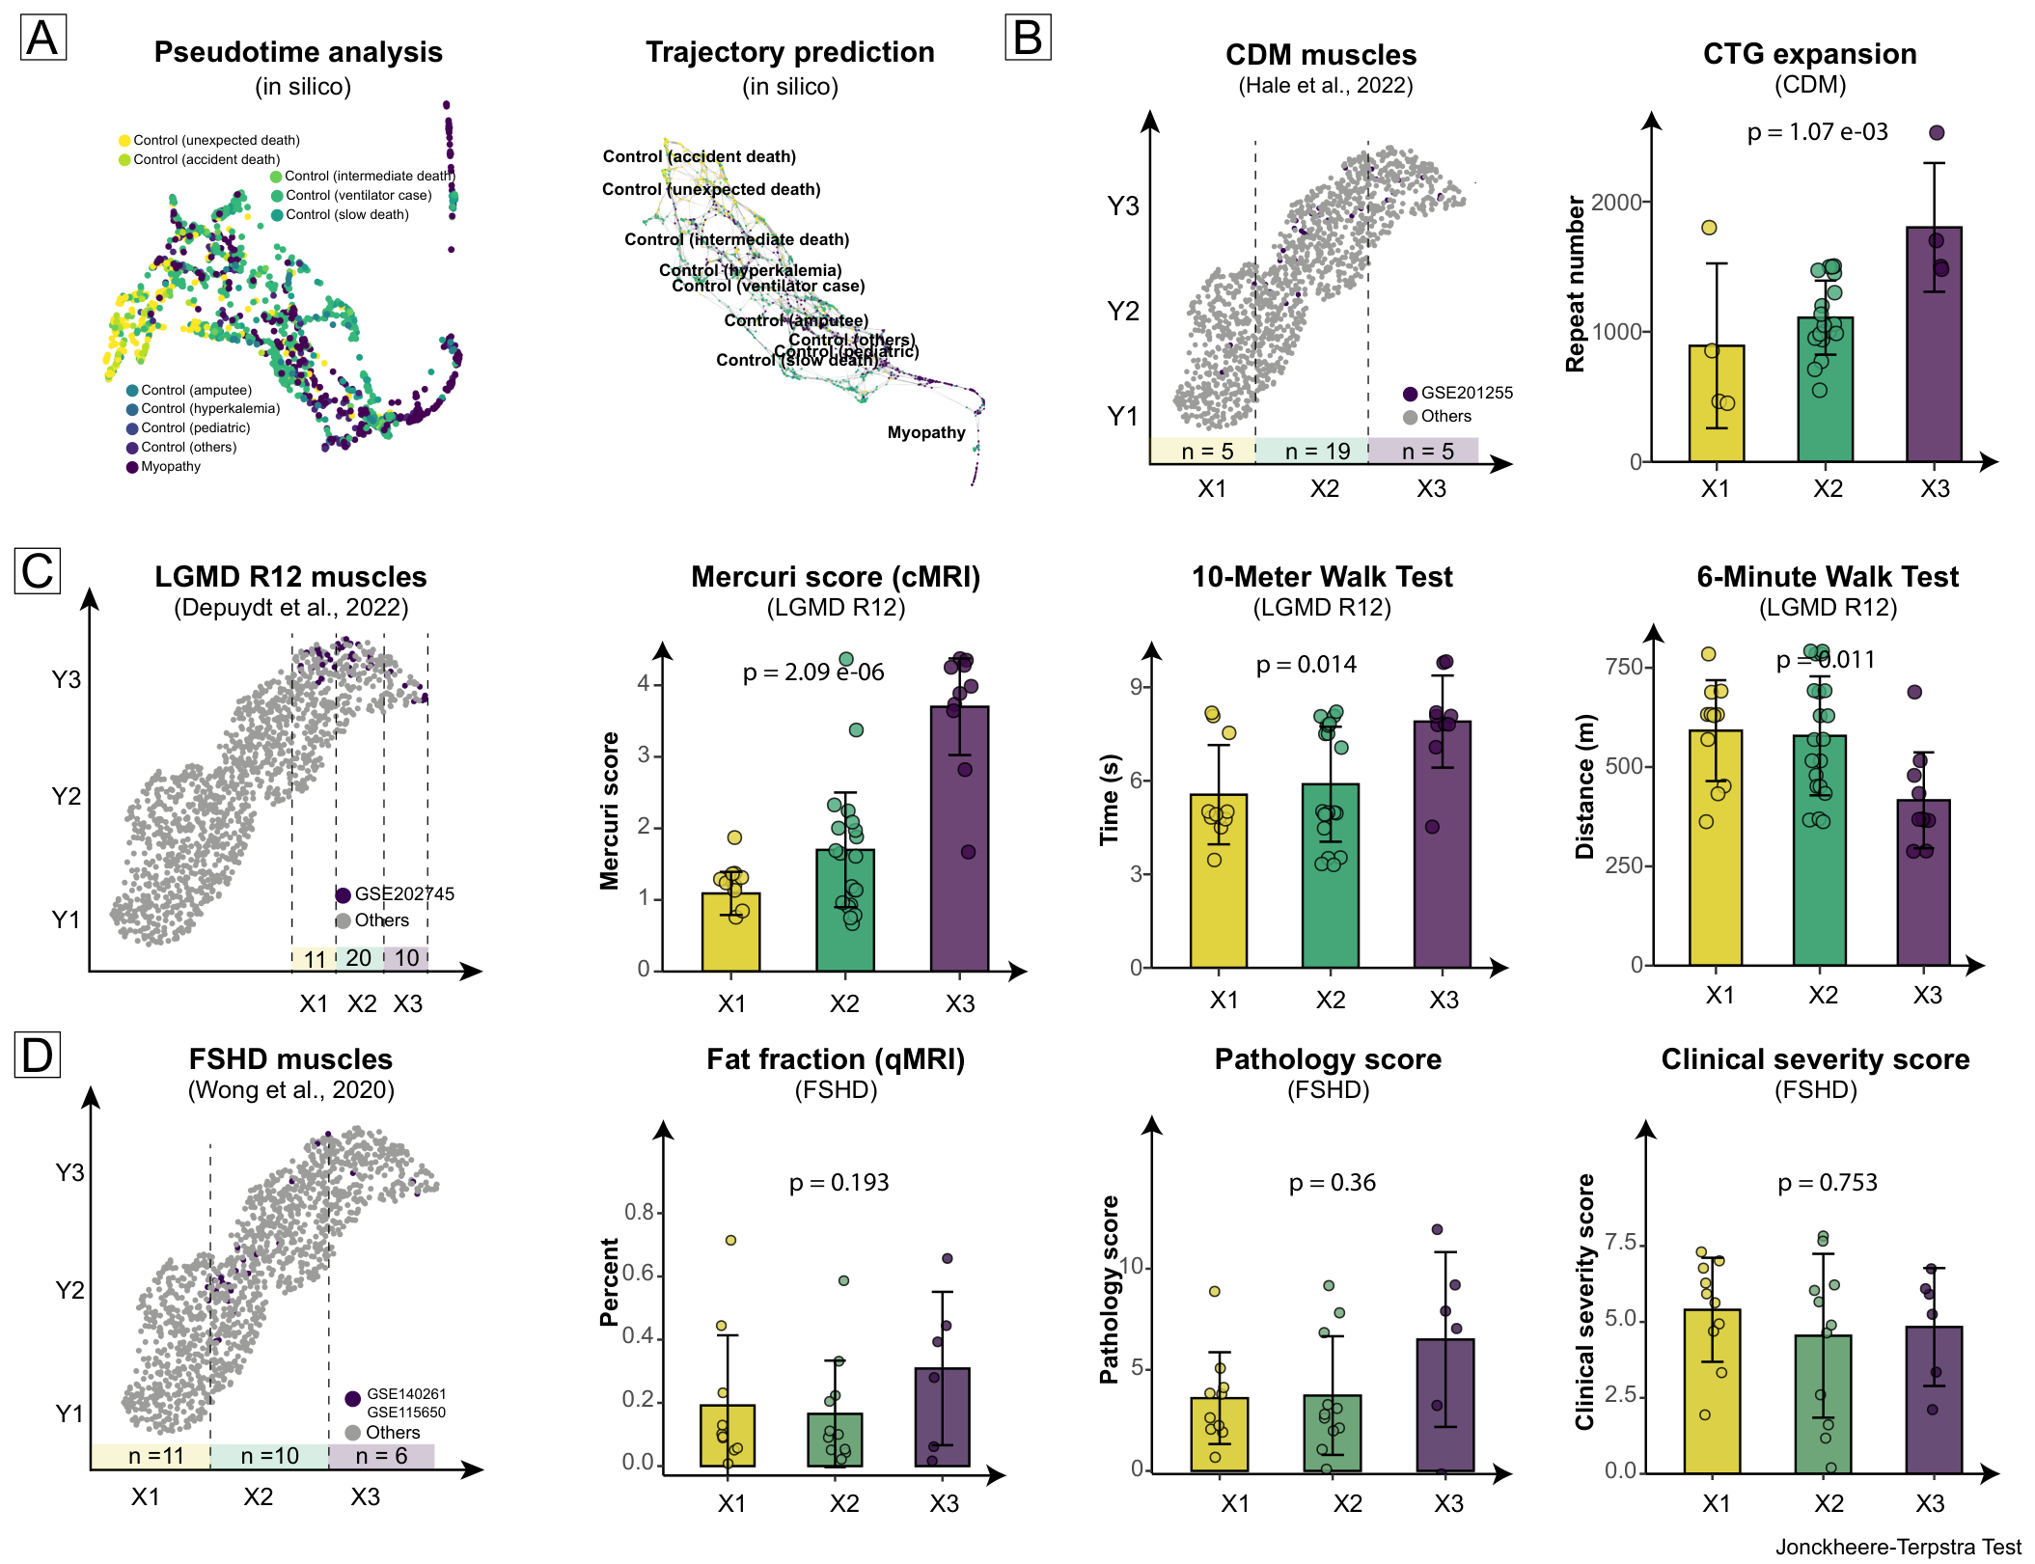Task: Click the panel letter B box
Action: [x=1028, y=38]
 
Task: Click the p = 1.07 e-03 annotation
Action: [x=1817, y=132]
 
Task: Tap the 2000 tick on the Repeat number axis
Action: [x=1616, y=203]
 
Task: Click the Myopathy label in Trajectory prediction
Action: [x=926, y=432]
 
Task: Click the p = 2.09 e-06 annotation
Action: [x=813, y=672]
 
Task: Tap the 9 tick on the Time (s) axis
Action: [x=1136, y=687]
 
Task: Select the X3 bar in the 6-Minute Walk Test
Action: [x=1923, y=882]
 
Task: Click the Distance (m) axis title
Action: [x=1584, y=786]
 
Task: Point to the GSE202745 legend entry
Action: [x=396, y=894]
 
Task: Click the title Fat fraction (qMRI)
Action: [x=836, y=1059]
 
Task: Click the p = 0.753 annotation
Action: [x=1828, y=1183]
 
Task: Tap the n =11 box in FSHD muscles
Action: [x=151, y=1456]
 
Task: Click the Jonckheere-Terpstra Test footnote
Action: [x=1897, y=1548]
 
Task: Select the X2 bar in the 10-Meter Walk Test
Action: [x=1330, y=875]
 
